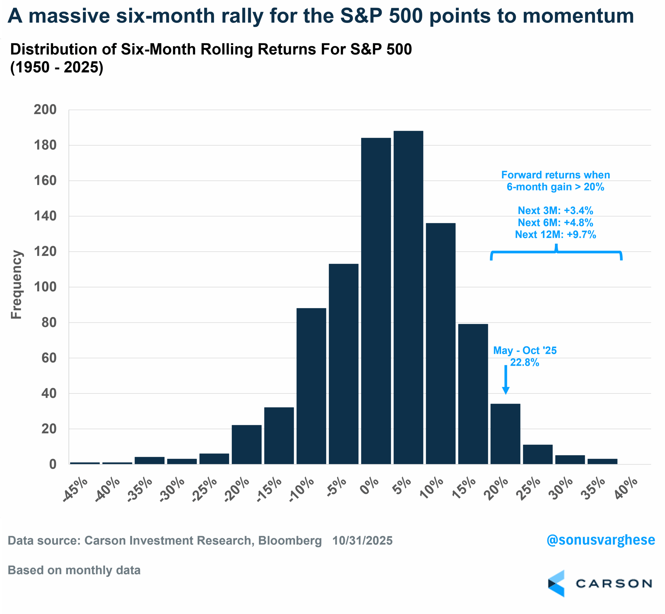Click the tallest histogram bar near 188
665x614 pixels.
[x=408, y=297]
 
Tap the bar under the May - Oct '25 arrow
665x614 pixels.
[x=505, y=434]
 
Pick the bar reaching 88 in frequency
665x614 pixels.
[x=311, y=386]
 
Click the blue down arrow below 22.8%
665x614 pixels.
[x=505, y=381]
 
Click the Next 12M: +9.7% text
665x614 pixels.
[x=555, y=234]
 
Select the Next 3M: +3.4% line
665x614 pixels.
[x=555, y=211]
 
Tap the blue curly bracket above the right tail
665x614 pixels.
[x=556, y=252]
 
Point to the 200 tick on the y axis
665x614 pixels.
[x=45, y=110]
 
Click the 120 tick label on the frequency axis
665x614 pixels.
[x=45, y=252]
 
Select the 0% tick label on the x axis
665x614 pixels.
[x=369, y=486]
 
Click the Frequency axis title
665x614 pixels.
[x=16, y=285]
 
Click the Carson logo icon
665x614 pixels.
[x=556, y=583]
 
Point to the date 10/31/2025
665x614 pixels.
[x=362, y=541]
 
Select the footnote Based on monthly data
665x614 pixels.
[x=74, y=570]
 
